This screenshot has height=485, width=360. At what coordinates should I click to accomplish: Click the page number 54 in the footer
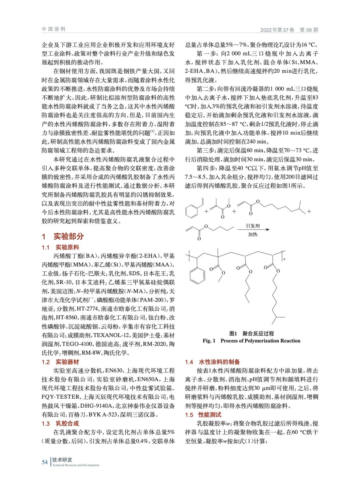tap(45, 462)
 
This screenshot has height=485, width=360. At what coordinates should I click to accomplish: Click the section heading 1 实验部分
tap(63, 236)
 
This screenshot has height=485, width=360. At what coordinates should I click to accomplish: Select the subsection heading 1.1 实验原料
tap(60, 247)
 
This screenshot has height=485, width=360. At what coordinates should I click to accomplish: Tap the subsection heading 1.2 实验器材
tap(60, 362)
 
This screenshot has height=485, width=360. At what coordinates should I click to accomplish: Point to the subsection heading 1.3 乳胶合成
tap(60, 423)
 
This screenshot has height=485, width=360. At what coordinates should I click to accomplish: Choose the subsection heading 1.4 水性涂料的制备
tap(213, 362)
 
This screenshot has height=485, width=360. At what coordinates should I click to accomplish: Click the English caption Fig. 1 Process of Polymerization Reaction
tap(251, 341)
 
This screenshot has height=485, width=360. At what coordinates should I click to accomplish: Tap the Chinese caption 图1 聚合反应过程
tap(251, 333)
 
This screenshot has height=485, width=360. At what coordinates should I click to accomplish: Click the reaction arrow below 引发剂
tap(253, 230)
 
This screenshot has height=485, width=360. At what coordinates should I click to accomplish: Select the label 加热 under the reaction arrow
tap(253, 235)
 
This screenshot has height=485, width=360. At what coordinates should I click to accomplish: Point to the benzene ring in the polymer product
tap(197, 276)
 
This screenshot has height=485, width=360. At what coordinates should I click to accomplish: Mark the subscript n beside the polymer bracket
tap(284, 259)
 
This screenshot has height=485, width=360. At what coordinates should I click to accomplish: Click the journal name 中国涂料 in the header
tap(54, 29)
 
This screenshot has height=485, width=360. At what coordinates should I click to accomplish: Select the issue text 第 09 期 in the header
tap(309, 30)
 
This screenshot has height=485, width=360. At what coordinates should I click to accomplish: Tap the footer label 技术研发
tap(62, 460)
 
